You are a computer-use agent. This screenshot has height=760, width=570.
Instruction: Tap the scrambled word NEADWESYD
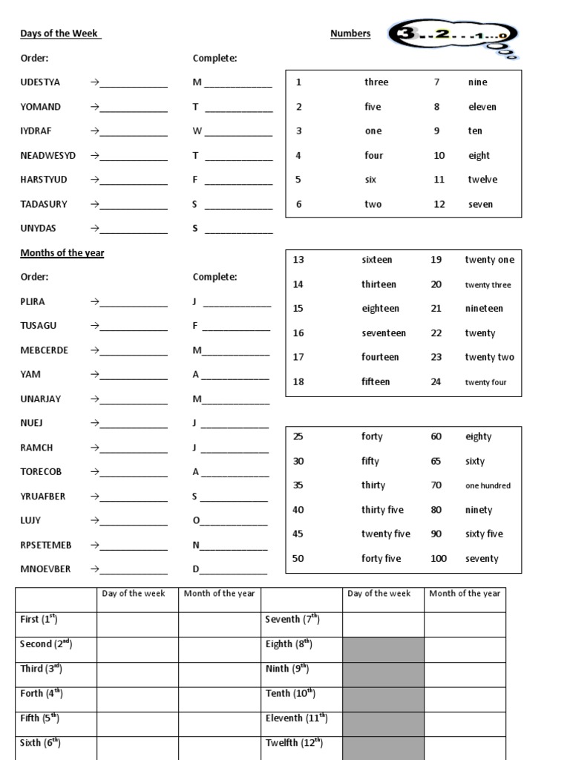(x=48, y=156)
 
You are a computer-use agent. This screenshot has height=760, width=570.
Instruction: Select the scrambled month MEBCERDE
(x=45, y=350)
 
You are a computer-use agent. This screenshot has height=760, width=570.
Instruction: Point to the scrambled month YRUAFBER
(x=43, y=497)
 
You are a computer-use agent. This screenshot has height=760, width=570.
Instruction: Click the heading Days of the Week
(x=61, y=34)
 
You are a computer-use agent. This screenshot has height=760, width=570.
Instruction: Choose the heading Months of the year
(x=62, y=253)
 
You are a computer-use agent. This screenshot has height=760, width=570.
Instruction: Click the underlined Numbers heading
(x=350, y=34)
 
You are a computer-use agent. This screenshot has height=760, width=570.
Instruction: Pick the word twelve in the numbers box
(x=482, y=180)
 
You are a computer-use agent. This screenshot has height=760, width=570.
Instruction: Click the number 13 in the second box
(x=298, y=260)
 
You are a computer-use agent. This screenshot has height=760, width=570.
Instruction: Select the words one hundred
(x=488, y=486)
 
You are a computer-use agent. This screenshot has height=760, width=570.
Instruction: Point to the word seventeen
(x=384, y=333)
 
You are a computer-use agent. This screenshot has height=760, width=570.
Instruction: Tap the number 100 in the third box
(x=439, y=559)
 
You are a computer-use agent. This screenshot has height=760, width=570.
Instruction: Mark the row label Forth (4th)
(x=42, y=694)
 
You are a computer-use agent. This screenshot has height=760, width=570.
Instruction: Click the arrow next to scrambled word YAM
(x=95, y=375)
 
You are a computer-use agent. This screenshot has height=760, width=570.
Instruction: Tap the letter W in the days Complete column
(x=197, y=131)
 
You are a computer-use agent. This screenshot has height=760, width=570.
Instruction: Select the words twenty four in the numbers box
(x=485, y=383)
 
